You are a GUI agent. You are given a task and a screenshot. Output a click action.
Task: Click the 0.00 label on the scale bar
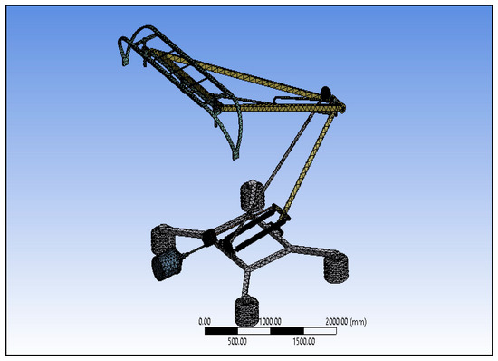(205, 320)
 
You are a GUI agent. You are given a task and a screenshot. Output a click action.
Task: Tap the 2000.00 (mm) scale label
(345, 320)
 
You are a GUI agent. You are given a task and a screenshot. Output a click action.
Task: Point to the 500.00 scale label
(237, 342)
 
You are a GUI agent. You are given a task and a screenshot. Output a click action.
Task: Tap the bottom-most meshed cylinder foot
(246, 311)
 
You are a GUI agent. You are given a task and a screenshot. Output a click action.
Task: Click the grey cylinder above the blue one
(164, 239)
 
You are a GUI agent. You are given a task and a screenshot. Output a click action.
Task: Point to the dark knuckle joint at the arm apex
(326, 93)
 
